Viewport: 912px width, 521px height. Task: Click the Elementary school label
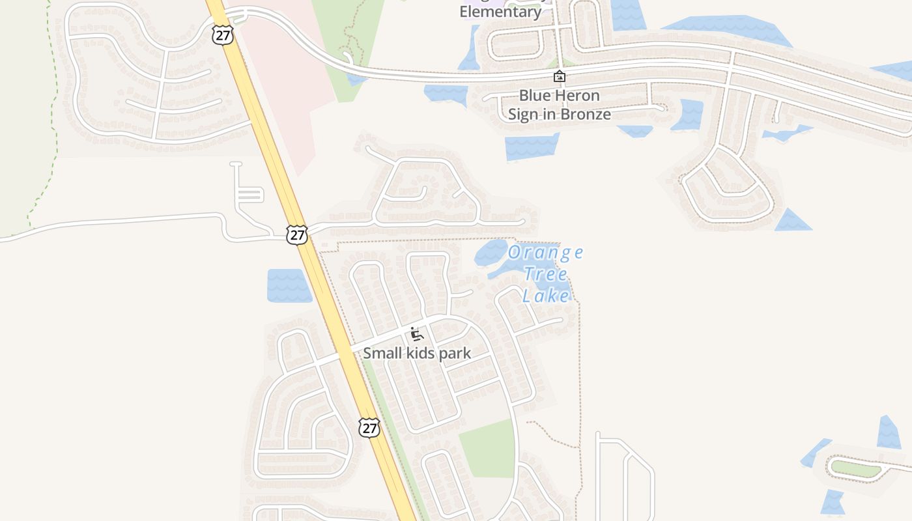point(500,12)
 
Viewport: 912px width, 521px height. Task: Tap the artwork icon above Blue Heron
point(559,77)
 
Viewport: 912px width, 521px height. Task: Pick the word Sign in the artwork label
point(522,115)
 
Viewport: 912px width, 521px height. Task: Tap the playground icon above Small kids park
point(417,335)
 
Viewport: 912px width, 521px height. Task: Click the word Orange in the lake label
point(546,253)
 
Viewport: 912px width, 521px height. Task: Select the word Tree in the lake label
point(545,274)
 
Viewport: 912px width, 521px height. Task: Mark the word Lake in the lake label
point(546,296)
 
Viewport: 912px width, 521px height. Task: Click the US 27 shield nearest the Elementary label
point(223,35)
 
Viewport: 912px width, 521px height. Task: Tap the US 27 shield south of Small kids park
point(369,428)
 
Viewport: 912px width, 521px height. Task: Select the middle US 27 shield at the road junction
point(297,235)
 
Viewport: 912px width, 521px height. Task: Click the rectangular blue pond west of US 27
point(288,285)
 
